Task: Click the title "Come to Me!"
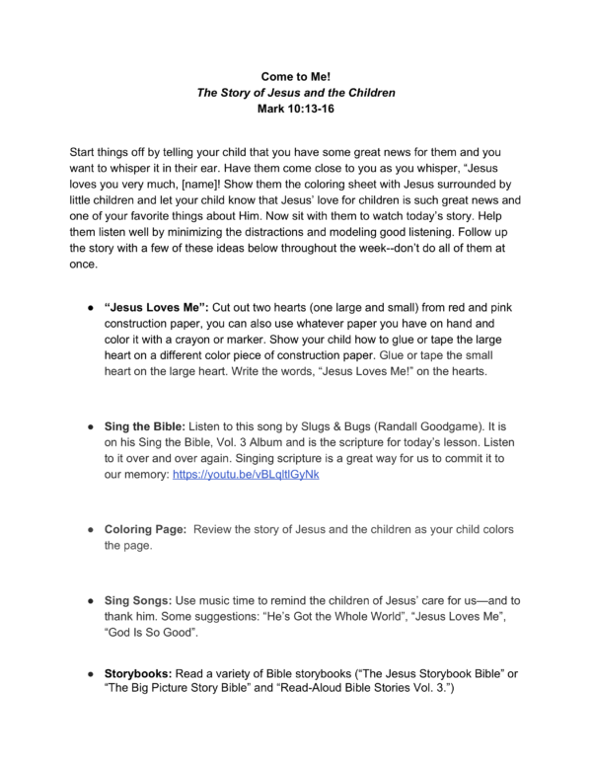click(296, 75)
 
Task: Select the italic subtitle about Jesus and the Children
click(296, 93)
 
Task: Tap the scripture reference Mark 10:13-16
click(296, 111)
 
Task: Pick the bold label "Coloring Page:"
click(145, 529)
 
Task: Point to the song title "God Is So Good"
click(147, 636)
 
